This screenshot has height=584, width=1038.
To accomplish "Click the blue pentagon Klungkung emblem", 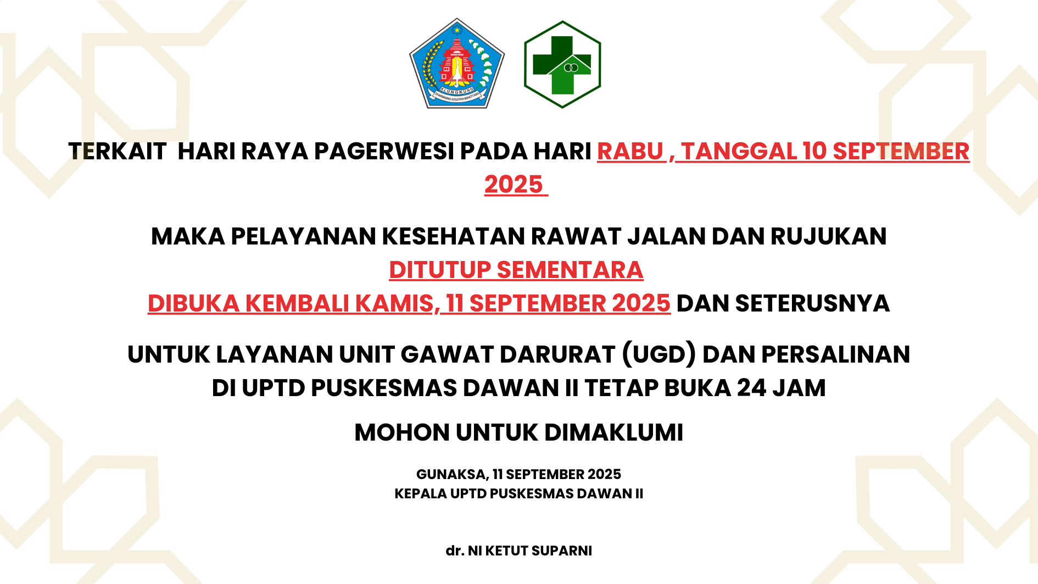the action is [457, 64].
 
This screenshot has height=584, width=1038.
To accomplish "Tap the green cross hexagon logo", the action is [562, 64].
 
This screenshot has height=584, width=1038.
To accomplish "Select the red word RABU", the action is [630, 151].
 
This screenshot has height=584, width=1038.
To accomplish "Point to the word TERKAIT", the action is [117, 151].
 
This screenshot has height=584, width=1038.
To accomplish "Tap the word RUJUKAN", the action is [828, 236].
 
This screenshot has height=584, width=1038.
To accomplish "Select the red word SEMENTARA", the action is [570, 270].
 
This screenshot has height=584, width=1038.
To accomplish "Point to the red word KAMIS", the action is [398, 303].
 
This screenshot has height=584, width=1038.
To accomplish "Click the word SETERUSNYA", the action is [812, 303].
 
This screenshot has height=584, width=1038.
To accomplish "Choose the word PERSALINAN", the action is [836, 354].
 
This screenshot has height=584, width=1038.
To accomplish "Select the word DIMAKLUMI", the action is [614, 432].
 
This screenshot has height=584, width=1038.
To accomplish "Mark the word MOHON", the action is [403, 432].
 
